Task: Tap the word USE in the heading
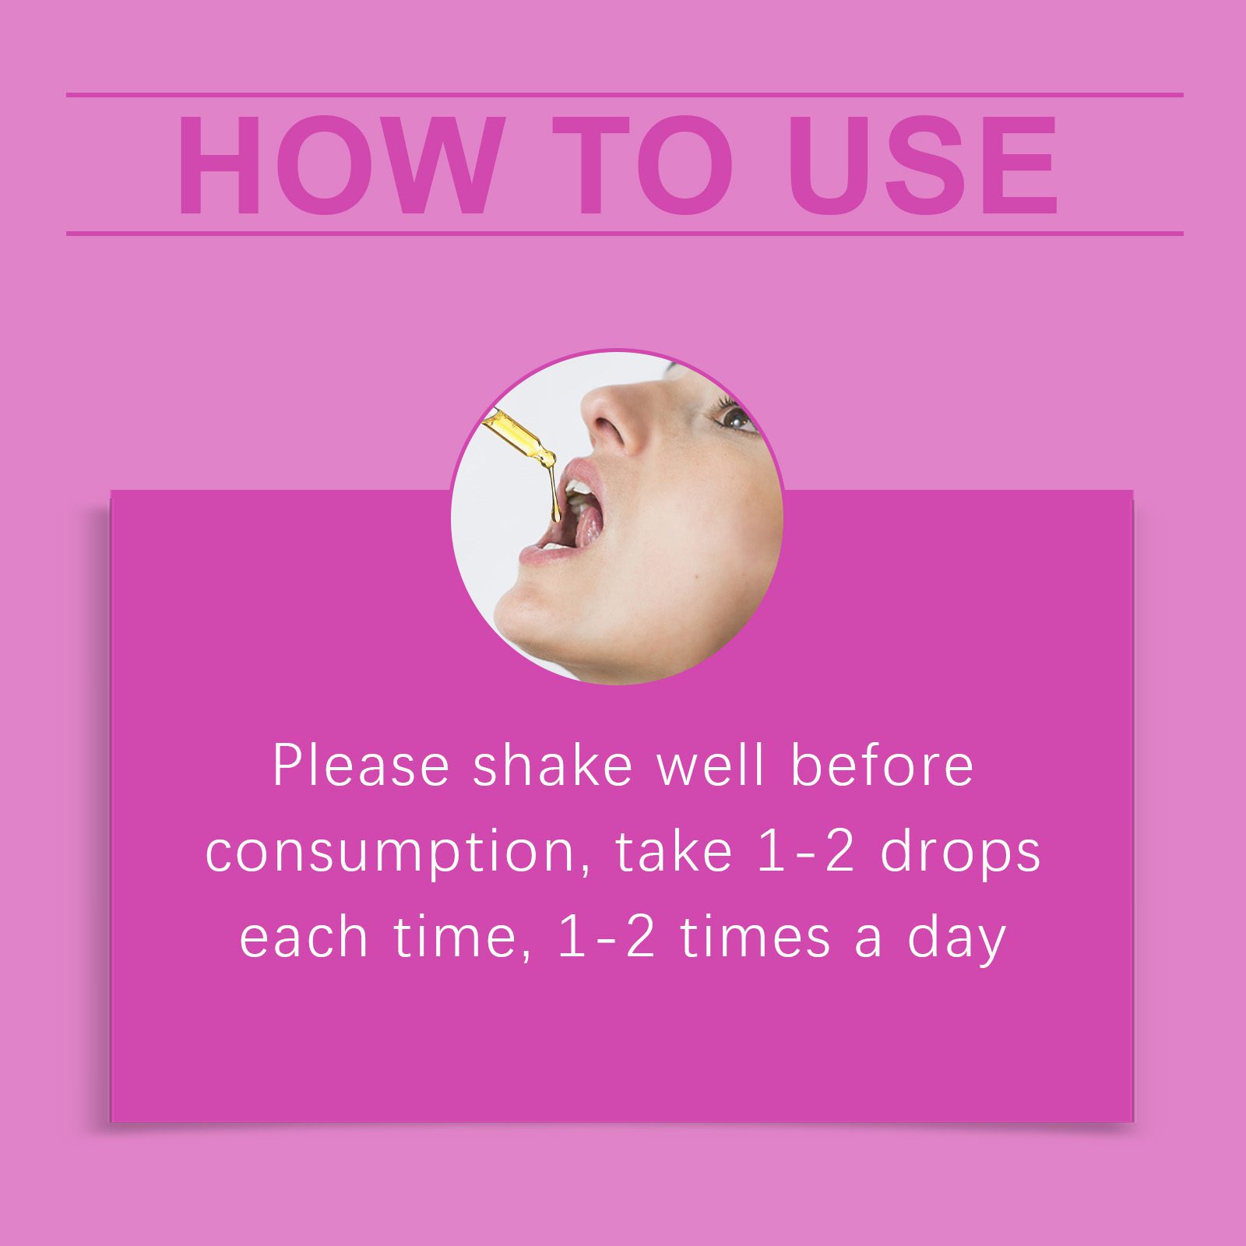[923, 165]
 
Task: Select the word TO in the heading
[642, 165]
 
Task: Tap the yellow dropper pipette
[519, 437]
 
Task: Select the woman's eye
[734, 417]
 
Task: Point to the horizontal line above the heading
[625, 95]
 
